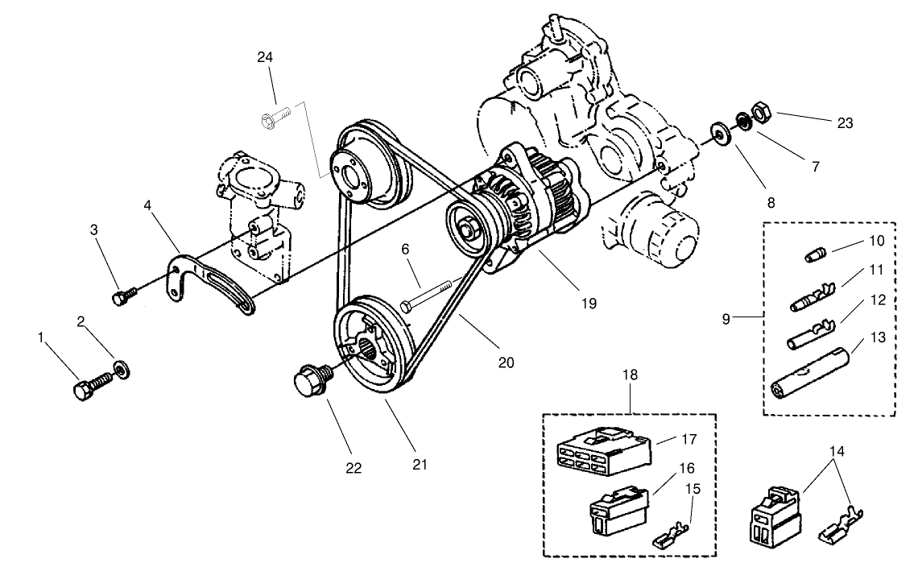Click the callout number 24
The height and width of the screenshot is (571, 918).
click(x=266, y=56)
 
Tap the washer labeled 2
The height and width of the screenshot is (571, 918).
click(x=122, y=370)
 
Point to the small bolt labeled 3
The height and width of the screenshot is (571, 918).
click(x=122, y=296)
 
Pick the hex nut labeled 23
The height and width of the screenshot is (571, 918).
click(x=759, y=110)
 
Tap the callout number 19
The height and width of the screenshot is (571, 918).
click(x=588, y=304)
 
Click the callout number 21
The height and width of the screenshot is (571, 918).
click(x=420, y=465)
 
